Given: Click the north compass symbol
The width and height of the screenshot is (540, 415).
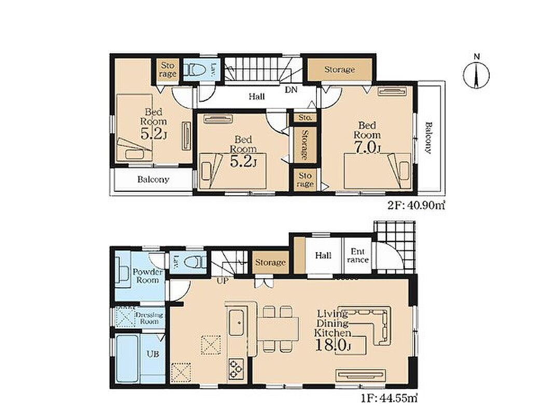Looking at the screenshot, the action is tap(476, 74).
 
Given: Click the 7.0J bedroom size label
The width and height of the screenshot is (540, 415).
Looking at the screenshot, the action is tap(366, 147).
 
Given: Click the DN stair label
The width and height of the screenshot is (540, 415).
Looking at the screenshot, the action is tap(291, 90).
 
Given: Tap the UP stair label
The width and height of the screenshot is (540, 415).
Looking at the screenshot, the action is tap(223, 281).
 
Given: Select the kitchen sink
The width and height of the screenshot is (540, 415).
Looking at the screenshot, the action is tap(237, 322).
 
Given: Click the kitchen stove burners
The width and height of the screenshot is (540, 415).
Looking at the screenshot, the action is tap(236, 369).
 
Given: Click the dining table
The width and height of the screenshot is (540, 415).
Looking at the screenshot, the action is tap(278, 328).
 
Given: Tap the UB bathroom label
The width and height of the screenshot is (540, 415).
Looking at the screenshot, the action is tap(153, 353).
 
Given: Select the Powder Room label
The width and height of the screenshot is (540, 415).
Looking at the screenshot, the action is tap(147, 276).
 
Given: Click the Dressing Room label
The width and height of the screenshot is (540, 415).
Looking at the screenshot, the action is tap(149, 318).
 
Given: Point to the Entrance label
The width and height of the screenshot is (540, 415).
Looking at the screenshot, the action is tap(358, 256).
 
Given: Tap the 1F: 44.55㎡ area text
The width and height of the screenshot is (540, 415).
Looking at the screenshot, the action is tap(390, 398).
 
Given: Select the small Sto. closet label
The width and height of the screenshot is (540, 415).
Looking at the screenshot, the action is tap(305, 117).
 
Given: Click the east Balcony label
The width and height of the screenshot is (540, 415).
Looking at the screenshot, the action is tap(428, 138).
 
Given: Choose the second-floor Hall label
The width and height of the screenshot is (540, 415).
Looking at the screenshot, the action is tap(257, 96).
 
